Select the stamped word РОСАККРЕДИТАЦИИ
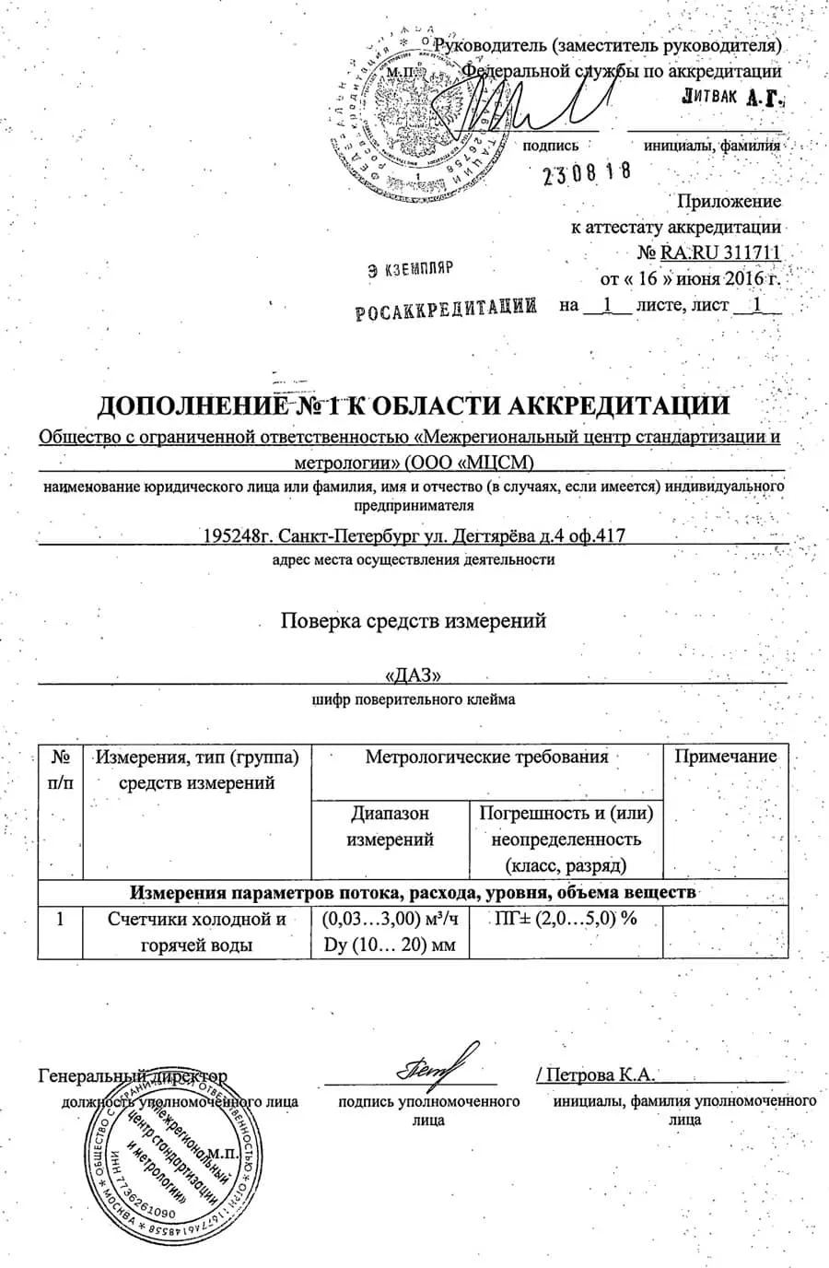point(446,310)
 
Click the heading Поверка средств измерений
point(414,620)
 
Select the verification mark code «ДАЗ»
point(413,675)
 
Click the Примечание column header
point(726,757)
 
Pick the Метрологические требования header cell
point(487,757)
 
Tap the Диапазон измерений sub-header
point(390,827)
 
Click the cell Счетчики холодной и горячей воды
point(197,932)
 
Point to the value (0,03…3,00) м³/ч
point(390,919)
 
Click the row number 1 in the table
point(61,920)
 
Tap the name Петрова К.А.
point(599,1074)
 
